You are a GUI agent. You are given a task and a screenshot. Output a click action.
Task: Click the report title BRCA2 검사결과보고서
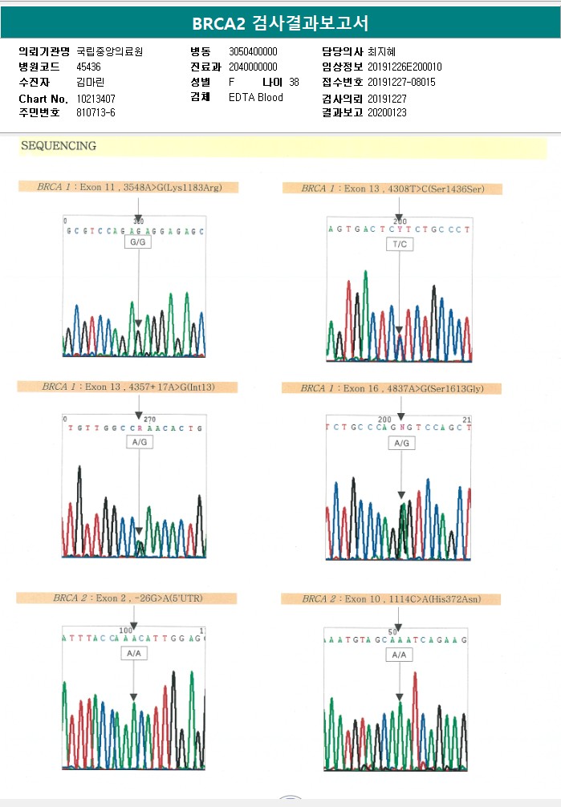click(280, 22)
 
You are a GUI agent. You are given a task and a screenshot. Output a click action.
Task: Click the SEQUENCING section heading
click(59, 146)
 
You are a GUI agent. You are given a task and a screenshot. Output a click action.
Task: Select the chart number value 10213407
click(96, 98)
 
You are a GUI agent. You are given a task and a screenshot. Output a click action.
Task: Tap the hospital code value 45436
click(88, 67)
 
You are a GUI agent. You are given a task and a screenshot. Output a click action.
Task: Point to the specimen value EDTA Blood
click(256, 98)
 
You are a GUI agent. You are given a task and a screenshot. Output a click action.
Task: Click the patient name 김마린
click(91, 82)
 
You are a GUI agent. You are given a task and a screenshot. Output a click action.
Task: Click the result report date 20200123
click(388, 113)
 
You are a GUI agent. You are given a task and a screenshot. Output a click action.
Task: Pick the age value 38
click(294, 82)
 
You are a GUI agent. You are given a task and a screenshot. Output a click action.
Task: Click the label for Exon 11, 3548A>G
click(129, 187)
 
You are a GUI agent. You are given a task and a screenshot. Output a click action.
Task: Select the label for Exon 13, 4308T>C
click(392, 189)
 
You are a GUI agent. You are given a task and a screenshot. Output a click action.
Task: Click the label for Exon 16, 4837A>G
click(391, 388)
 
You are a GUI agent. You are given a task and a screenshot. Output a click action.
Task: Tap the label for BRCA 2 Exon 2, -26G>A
click(126, 598)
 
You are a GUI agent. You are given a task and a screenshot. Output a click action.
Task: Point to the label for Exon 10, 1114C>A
click(391, 598)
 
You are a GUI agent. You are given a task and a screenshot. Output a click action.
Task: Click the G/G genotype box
click(138, 242)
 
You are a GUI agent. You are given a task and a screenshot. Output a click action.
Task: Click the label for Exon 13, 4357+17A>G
click(128, 387)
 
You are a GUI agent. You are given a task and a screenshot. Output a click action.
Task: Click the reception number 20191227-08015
click(401, 82)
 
